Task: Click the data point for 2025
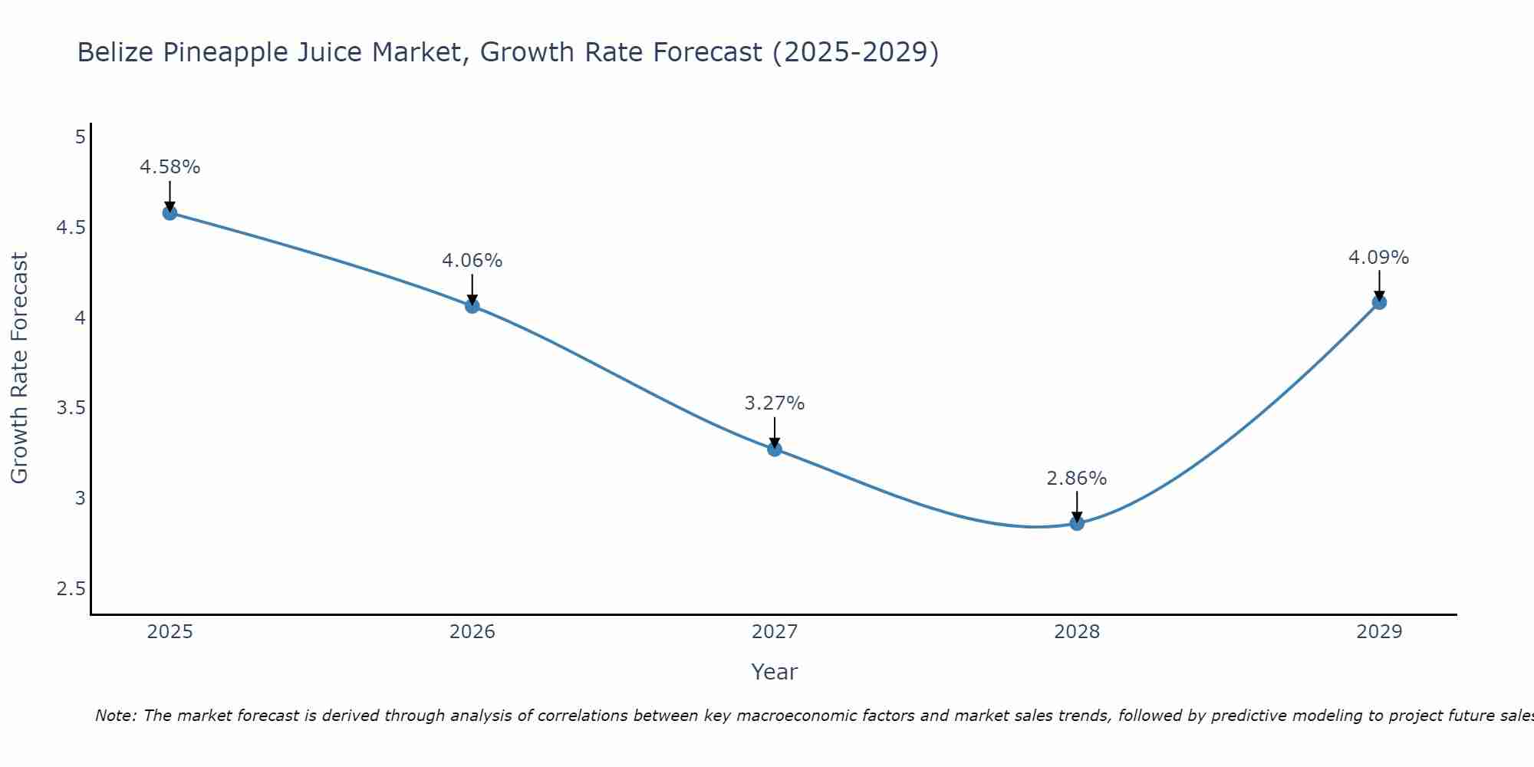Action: pyautogui.click(x=170, y=212)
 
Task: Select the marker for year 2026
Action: pyautogui.click(x=472, y=306)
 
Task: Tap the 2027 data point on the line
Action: pyautogui.click(x=774, y=449)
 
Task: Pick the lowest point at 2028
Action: pyautogui.click(x=1076, y=523)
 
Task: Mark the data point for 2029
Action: pyautogui.click(x=1378, y=302)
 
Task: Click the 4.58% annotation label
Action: pyautogui.click(x=170, y=167)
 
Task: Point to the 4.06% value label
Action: pyautogui.click(x=472, y=261)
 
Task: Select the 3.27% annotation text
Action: pyautogui.click(x=774, y=403)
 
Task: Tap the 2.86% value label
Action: pyautogui.click(x=1076, y=479)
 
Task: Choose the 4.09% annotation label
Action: pyautogui.click(x=1378, y=258)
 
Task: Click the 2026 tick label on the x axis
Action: pyautogui.click(x=472, y=632)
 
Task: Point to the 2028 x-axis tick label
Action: pyautogui.click(x=1076, y=632)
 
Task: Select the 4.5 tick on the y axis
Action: pyautogui.click(x=71, y=228)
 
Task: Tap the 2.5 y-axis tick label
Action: pyautogui.click(x=71, y=589)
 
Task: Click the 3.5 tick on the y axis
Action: pyautogui.click(x=71, y=408)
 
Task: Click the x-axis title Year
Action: pyautogui.click(x=774, y=672)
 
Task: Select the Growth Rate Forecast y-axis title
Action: pyautogui.click(x=19, y=368)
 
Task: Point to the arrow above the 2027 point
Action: pyautogui.click(x=774, y=432)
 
